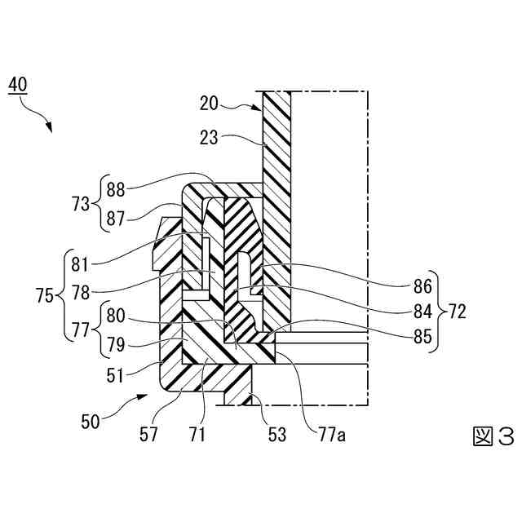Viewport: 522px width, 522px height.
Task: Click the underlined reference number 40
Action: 17,83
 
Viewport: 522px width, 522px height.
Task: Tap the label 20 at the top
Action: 209,103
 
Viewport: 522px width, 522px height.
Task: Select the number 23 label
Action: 209,139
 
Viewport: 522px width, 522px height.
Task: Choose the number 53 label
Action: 277,435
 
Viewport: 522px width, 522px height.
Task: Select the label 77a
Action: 321,435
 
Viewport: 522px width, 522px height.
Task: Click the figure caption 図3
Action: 493,437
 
